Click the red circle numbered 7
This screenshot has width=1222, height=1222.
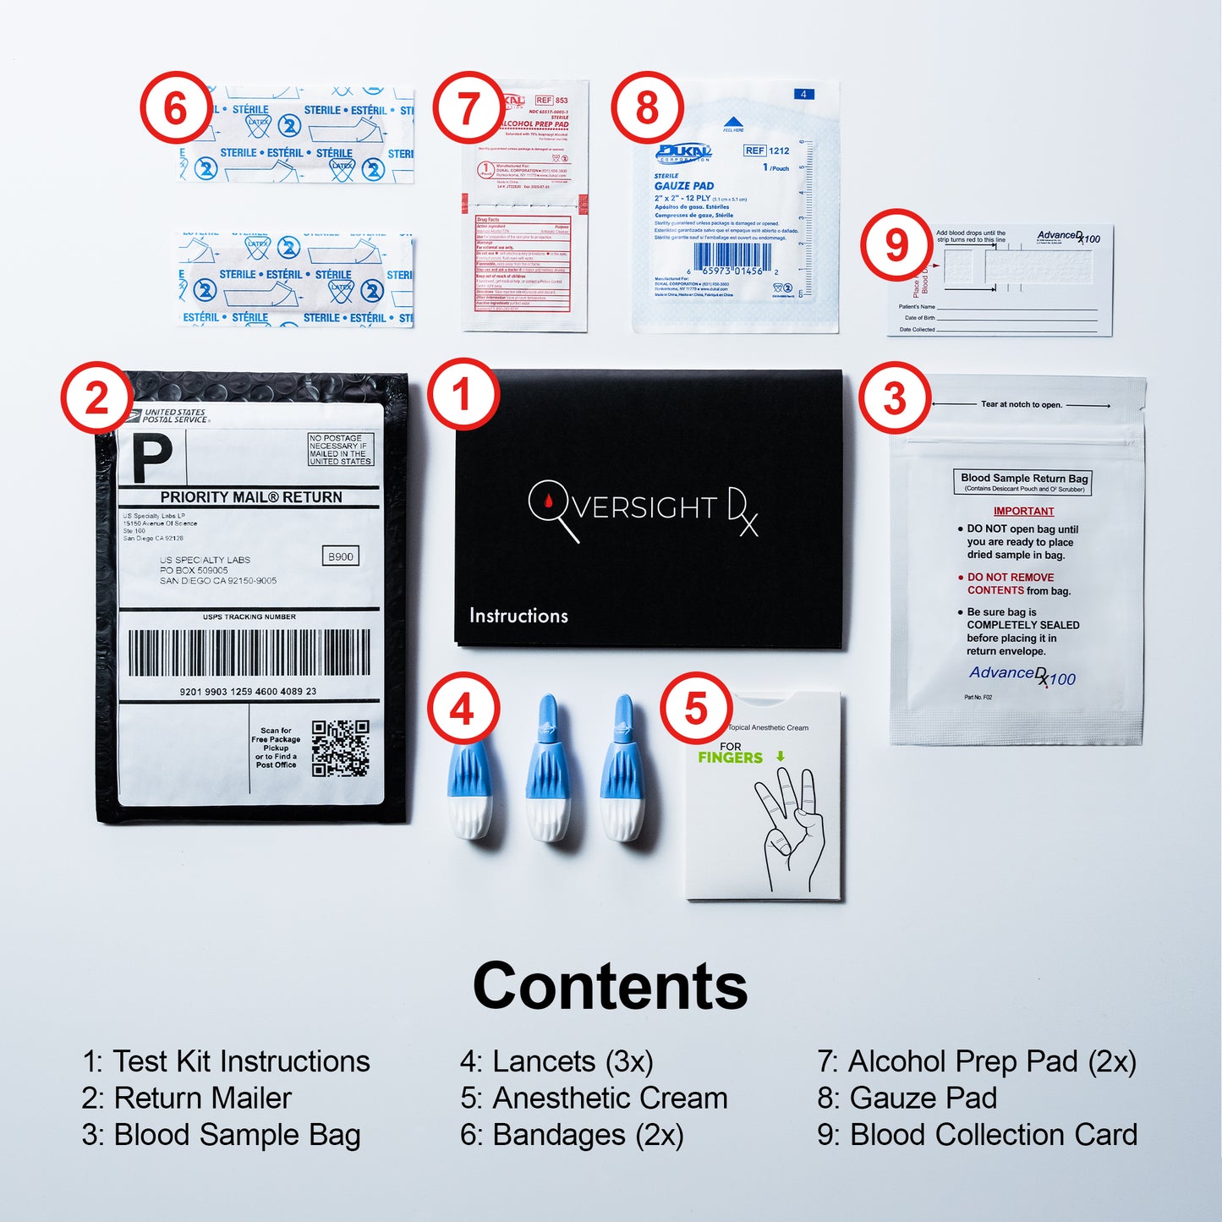pyautogui.click(x=468, y=108)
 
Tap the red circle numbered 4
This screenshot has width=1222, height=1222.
pyautogui.click(x=462, y=709)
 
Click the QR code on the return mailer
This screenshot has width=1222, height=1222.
pyautogui.click(x=340, y=748)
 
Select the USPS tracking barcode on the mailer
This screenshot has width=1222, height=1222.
pyautogui.click(x=249, y=653)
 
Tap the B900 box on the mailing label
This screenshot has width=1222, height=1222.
pyautogui.click(x=341, y=556)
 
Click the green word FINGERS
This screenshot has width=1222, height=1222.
pyautogui.click(x=731, y=758)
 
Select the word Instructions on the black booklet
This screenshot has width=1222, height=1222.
pyautogui.click(x=518, y=616)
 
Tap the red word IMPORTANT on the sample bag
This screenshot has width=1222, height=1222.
pyautogui.click(x=1023, y=512)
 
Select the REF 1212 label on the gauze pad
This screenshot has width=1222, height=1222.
pyautogui.click(x=767, y=151)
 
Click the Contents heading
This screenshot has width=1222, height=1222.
pyautogui.click(x=610, y=986)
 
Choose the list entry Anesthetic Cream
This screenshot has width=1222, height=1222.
pyautogui.click(x=594, y=1098)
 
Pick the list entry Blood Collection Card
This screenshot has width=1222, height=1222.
pyautogui.click(x=977, y=1135)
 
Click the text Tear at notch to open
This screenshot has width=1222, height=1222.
pyautogui.click(x=1021, y=404)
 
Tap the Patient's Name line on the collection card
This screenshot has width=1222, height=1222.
pyautogui.click(x=1015, y=308)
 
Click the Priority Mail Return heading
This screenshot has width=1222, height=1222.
pyautogui.click(x=251, y=497)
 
